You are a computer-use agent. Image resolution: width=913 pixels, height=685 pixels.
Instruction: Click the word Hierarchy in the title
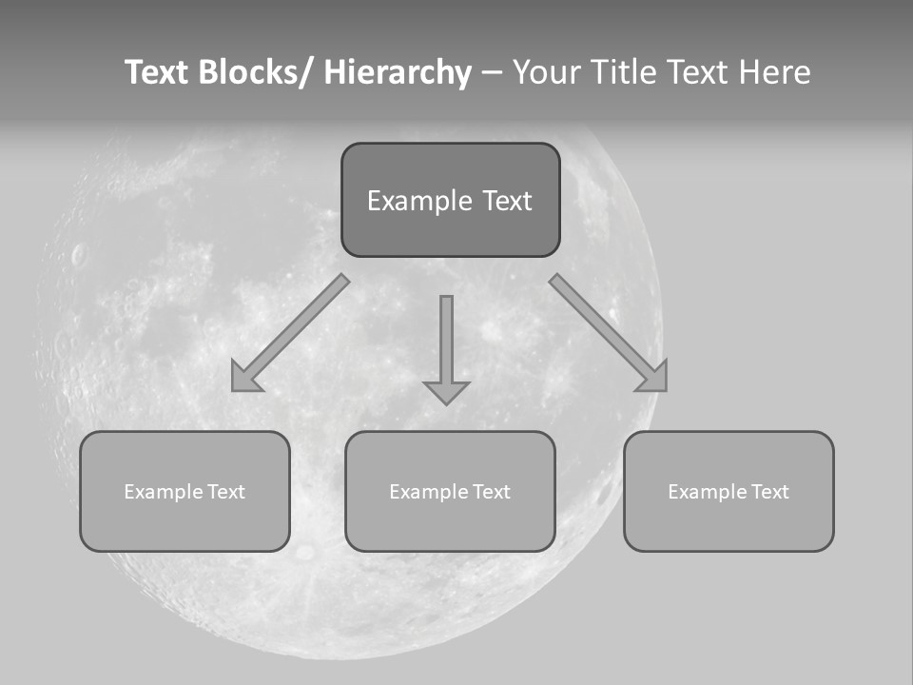pos(398,72)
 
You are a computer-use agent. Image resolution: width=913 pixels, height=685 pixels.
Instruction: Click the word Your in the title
pos(544,72)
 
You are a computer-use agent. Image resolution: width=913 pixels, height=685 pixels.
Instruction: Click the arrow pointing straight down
pos(446,342)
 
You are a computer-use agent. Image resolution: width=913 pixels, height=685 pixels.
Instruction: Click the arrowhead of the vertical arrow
pos(446,392)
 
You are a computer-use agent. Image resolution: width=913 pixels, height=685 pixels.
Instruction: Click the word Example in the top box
pos(420,201)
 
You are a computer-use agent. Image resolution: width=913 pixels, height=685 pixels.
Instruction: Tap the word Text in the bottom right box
pos(768,492)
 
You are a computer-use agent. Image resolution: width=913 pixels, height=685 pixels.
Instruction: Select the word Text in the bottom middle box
pos(490,492)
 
